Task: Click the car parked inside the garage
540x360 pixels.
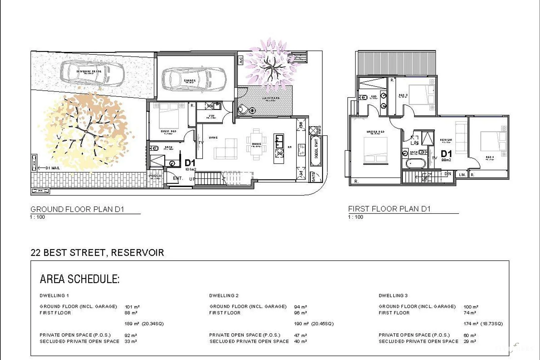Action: coord(194,80)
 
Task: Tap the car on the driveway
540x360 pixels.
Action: coord(91,73)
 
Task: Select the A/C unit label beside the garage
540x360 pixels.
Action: coord(241,60)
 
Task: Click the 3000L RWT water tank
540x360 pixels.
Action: coord(316,150)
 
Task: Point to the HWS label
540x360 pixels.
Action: coord(319,130)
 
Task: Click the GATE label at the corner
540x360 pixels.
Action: coord(314,177)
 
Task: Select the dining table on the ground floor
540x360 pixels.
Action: coord(256,144)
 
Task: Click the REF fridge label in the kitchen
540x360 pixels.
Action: coord(301,126)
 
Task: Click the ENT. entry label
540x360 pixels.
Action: coord(178,178)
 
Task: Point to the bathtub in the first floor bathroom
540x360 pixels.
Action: coord(416,164)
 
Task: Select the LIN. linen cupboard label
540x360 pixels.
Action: coord(462,175)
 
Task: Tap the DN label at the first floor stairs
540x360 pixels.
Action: coord(448,174)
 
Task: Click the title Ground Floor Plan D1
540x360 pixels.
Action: coord(77,209)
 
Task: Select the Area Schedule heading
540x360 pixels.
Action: coord(80,279)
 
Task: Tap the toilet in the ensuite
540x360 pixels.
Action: coord(363,98)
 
